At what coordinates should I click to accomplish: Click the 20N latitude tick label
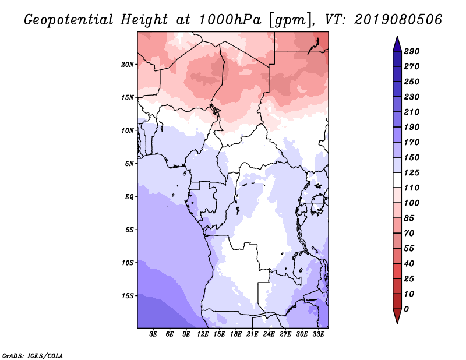point(128,65)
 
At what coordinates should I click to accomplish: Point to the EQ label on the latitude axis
point(129,197)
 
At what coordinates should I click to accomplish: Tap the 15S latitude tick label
point(128,296)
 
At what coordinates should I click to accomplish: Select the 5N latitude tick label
point(129,164)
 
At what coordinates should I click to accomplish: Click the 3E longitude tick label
point(153,334)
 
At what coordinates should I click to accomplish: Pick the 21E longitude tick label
point(252,334)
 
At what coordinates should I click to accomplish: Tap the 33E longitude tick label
point(318,334)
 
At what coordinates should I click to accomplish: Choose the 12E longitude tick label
point(203,334)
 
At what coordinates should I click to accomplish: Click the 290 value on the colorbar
point(412,51)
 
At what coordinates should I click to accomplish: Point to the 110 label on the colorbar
point(412,188)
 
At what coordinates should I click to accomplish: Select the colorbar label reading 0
point(406,309)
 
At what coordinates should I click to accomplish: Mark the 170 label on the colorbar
point(412,142)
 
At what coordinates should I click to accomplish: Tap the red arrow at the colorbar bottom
point(397,316)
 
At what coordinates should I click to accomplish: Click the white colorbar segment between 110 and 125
point(397,180)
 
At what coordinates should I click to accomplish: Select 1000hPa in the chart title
point(230,20)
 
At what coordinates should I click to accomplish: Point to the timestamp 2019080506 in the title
point(398,20)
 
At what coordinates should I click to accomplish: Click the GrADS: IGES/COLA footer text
point(33,356)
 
